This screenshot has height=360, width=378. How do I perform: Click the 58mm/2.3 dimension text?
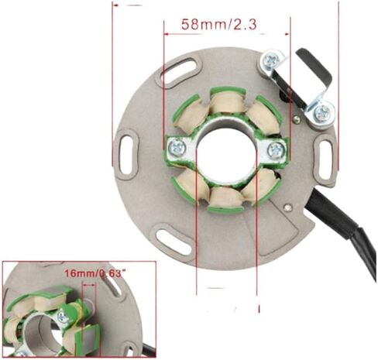point(220,24)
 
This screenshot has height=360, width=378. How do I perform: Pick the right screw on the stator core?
point(275,149)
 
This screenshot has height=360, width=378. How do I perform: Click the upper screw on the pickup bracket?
point(272,60)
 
